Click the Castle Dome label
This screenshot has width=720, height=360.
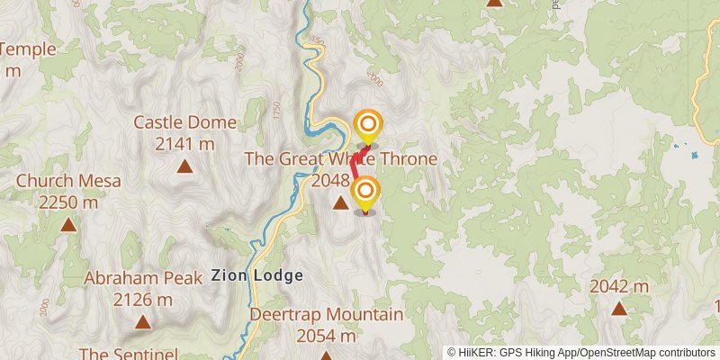point(184,123)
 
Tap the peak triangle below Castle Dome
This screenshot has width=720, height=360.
point(184,166)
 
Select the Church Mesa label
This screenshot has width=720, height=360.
point(68,181)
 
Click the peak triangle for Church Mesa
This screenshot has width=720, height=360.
point(68,224)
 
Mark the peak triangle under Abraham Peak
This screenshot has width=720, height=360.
point(142,321)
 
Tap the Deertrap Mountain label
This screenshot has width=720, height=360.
point(326,314)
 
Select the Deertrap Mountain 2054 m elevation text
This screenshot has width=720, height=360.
point(326,336)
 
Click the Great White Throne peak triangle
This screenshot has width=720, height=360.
point(339,203)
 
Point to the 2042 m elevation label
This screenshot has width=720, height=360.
point(619,286)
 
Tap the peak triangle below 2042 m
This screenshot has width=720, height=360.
point(619,309)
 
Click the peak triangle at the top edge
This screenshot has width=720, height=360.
point(494,3)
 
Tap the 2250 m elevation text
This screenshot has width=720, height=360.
point(68,202)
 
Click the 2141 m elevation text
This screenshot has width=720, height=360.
point(184,143)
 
